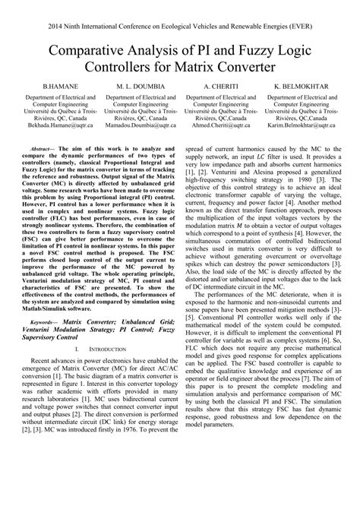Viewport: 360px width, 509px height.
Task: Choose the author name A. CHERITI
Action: pyautogui.click(x=220, y=87)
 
